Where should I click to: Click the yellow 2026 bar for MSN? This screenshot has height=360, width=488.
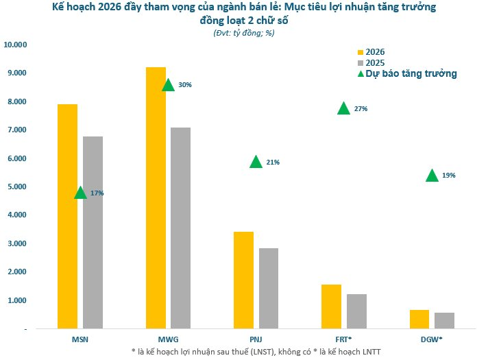click(67, 216)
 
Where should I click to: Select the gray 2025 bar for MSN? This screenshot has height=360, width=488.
click(93, 232)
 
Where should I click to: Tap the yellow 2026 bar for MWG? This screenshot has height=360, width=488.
click(156, 198)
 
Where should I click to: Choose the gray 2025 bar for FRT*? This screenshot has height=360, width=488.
click(356, 311)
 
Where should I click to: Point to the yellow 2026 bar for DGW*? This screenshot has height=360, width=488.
click(419, 319)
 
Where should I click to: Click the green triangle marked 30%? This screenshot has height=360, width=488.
click(168, 85)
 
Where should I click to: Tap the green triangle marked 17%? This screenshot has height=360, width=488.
click(80, 193)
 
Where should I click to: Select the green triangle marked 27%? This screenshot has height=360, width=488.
click(343, 108)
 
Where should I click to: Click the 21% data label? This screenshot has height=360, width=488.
click(273, 163)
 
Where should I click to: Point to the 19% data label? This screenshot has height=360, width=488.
click(448, 176)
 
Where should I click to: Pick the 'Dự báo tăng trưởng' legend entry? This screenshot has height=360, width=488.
click(407, 73)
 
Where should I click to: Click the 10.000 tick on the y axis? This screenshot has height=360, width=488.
click(15, 45)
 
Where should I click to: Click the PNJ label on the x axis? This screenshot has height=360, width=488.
click(256, 339)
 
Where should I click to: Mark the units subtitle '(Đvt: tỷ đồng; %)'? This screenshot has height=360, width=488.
click(245, 32)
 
